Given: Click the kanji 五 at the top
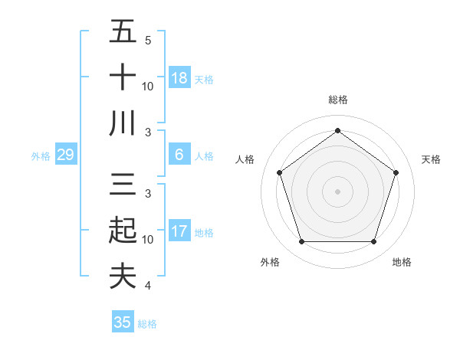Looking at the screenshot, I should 123,32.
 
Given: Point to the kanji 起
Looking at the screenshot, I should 123,231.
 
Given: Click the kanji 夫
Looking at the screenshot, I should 123,276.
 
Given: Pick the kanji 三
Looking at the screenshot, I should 123,185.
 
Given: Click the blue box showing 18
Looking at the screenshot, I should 179,78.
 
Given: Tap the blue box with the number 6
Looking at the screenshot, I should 179,155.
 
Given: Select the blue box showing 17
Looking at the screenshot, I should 179,231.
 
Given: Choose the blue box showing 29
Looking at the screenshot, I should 65,155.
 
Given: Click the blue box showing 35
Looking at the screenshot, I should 123,322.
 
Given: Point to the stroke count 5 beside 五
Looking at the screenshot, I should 147,40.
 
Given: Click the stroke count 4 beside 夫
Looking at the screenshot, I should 147,286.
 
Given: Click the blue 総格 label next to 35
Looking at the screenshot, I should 148,324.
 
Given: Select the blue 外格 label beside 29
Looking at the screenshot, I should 41,156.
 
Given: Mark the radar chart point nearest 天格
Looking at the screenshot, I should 396,172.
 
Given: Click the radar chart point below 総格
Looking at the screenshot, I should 337,130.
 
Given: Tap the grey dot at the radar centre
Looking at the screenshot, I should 337,191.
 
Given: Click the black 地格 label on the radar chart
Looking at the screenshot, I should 402,262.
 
